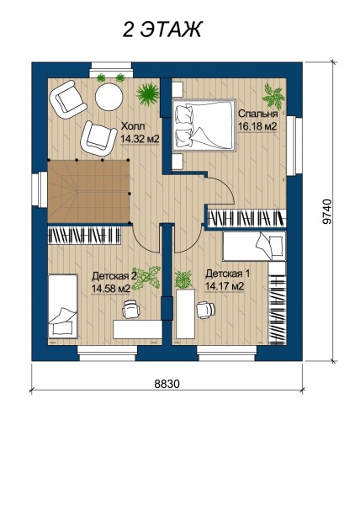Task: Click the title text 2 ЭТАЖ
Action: coord(162,29)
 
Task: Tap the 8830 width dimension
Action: coord(167,384)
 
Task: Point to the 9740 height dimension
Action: coord(327,211)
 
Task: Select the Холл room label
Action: coord(132,126)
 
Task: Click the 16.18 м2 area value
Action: coord(257,126)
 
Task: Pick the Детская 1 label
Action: coord(227,274)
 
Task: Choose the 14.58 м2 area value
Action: coord(111,289)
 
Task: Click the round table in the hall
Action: coord(109,97)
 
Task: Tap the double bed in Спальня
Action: coord(204,125)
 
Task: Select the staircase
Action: coord(88,191)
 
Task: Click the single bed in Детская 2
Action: coord(63,306)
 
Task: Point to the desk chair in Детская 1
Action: coord(205,310)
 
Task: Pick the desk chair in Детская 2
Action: coord(131,309)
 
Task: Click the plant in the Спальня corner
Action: coord(273,96)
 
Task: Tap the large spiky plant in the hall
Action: coord(148,93)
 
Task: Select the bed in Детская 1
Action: coord(254,246)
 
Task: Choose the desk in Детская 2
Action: coord(137,329)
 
